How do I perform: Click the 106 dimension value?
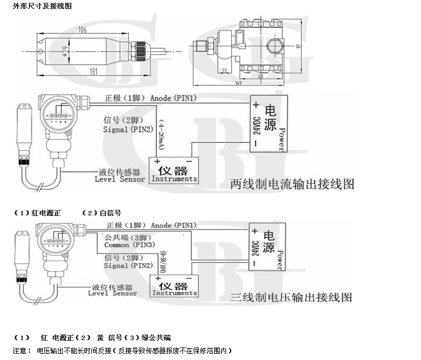tap(83, 29)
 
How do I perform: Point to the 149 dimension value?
tap(240, 84)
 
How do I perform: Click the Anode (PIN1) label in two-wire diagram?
tap(173, 98)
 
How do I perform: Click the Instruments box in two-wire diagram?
tap(174, 170)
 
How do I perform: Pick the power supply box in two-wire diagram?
tap(269, 125)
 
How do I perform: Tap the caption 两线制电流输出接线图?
tap(293, 184)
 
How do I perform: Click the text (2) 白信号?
tap(101, 213)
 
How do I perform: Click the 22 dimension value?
tap(224, 70)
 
